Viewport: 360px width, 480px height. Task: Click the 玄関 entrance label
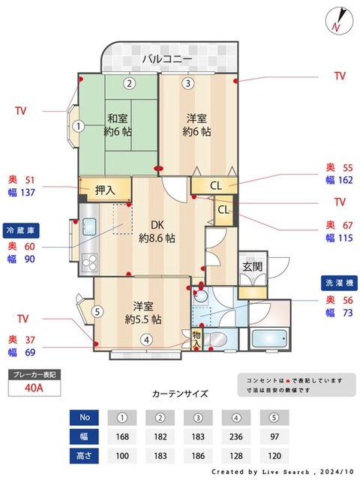[252, 266]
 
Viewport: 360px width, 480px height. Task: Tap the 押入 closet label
[106, 190]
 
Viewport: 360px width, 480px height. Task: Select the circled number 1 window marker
[78, 127]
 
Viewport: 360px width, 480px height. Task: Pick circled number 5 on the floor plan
[96, 311]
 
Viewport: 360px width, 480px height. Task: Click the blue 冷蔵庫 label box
[20, 229]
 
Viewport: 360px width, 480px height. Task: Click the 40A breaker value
[33, 388]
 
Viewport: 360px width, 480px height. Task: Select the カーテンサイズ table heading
[180, 394]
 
